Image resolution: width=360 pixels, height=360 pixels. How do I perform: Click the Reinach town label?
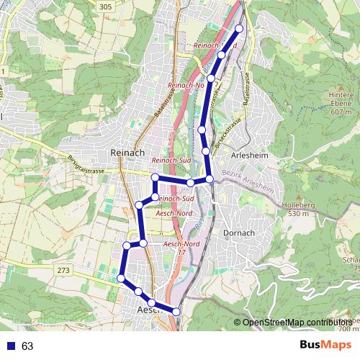[127, 153]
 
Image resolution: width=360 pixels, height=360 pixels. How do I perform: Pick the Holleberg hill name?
[303, 205]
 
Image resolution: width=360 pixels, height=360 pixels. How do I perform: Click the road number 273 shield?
[62, 269]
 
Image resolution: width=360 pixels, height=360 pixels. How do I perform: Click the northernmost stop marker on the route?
[239, 28]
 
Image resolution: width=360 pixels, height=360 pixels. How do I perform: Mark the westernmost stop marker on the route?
[121, 279]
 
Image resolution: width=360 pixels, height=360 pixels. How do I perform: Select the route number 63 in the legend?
[27, 346]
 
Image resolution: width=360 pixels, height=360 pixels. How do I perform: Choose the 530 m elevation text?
[302, 214]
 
